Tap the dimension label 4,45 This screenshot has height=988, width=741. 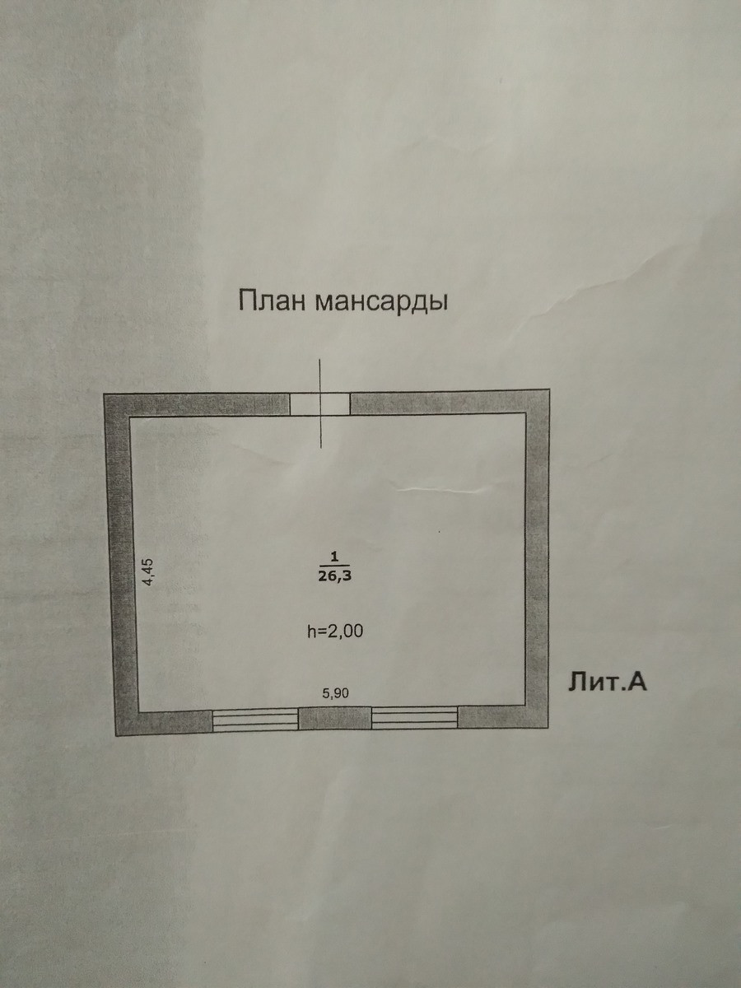click(x=148, y=571)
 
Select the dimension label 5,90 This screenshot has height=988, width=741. click(x=335, y=692)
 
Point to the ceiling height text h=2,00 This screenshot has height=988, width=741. click(x=334, y=631)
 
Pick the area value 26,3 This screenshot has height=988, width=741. click(x=335, y=576)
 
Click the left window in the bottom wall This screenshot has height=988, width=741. click(x=255, y=719)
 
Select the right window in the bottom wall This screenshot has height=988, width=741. click(x=414, y=718)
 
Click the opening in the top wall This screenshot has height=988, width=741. click(x=320, y=403)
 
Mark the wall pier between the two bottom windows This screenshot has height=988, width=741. click(x=334, y=719)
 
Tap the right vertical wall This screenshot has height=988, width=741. click(x=537, y=560)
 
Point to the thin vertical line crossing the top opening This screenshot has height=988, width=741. click(x=321, y=428)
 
